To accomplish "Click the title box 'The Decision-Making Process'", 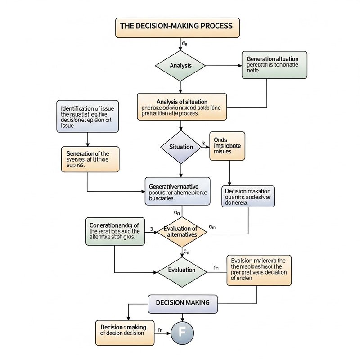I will pos(178,27).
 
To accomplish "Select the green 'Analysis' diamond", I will pos(180,66).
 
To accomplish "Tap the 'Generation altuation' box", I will pos(275,65).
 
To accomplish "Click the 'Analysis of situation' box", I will pos(181,107).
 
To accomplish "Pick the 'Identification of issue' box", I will pos(88,117).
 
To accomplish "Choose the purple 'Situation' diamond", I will pos(180,147).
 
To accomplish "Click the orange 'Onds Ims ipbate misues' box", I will pos(227,146).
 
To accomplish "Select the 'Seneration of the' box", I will pos(90,158).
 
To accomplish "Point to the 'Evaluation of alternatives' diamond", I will pos(180,231).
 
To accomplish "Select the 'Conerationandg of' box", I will pos(115,231).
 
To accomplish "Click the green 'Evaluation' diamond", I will pos(181,270).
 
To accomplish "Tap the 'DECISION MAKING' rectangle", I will pos(182,302).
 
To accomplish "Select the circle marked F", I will pos(182,333).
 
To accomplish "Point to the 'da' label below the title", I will pos(184,43).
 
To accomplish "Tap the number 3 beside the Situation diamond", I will pos(203,143).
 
